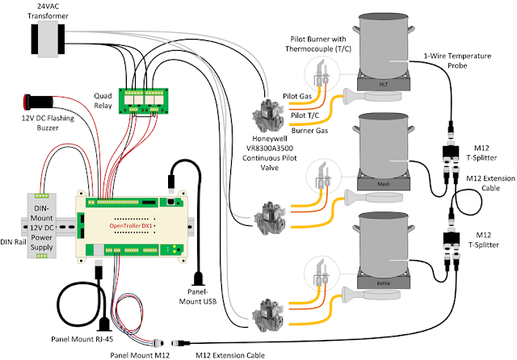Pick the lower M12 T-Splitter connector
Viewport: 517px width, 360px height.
449,242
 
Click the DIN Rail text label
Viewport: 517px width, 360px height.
17,241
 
